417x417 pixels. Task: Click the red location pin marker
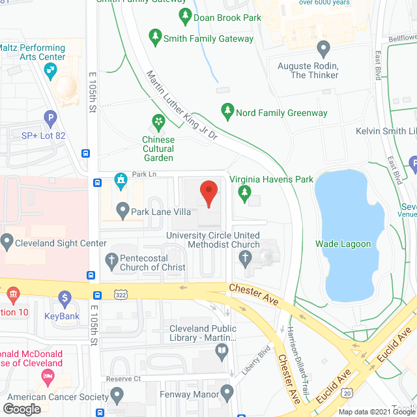click(208, 193)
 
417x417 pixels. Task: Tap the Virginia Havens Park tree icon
click(244, 192)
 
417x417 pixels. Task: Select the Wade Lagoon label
click(343, 244)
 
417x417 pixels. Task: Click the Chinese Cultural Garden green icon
click(158, 121)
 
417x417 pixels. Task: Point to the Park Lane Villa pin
click(122, 210)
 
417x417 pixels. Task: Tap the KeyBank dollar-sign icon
click(64, 299)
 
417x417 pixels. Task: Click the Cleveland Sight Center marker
click(7, 243)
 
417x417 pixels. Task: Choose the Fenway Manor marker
click(227, 392)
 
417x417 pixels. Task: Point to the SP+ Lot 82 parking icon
click(50, 119)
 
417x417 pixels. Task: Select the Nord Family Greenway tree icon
click(227, 111)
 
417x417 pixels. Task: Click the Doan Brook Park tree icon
click(185, 15)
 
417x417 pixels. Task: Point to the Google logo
click(22, 409)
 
